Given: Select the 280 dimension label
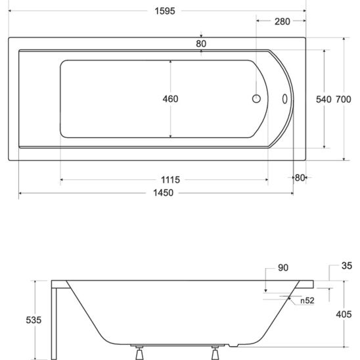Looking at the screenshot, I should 282,22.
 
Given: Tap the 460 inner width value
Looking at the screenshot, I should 171,99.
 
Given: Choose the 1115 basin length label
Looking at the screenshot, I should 171,179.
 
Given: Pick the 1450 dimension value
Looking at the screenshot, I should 164,192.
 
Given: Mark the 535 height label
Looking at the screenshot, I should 34,319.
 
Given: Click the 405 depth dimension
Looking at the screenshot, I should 344,315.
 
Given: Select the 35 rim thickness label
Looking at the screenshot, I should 348,266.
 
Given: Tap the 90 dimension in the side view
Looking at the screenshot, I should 283,267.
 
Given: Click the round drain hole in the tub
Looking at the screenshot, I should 256,99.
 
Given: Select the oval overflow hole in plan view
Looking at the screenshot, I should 284,99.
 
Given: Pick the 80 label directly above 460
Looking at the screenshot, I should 201,43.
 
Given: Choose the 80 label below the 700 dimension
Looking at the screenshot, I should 300,177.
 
